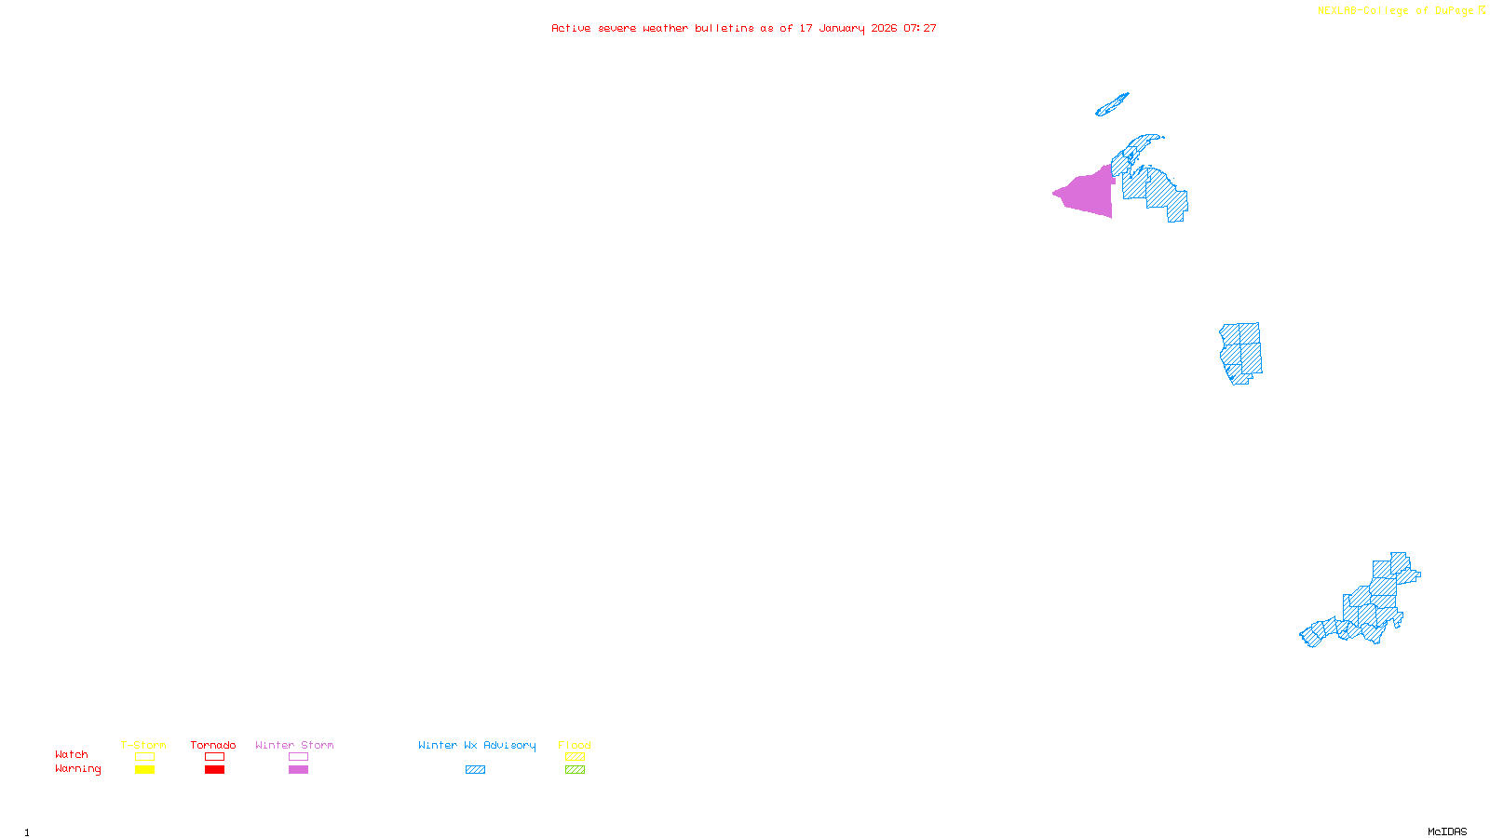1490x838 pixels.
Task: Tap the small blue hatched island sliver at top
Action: [1111, 105]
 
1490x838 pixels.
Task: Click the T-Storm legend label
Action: [143, 745]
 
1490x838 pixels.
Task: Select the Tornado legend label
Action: [213, 745]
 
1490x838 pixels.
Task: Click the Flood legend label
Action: [575, 745]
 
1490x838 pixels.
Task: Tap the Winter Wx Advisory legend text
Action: [477, 745]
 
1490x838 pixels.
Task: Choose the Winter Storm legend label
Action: [294, 745]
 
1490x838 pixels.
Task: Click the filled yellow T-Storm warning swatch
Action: [144, 770]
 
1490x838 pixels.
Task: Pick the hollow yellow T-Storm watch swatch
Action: [144, 757]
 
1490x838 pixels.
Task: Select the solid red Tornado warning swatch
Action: [214, 770]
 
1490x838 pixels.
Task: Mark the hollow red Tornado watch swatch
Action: [214, 757]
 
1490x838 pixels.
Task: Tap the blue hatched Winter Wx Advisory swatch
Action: [475, 770]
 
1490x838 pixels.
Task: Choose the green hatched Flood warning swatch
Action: [575, 770]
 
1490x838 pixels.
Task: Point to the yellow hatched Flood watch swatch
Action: [575, 757]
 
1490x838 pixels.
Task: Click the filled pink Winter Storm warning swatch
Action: [298, 770]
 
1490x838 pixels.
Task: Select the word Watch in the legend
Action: [72, 754]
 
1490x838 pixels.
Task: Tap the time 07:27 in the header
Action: [920, 28]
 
